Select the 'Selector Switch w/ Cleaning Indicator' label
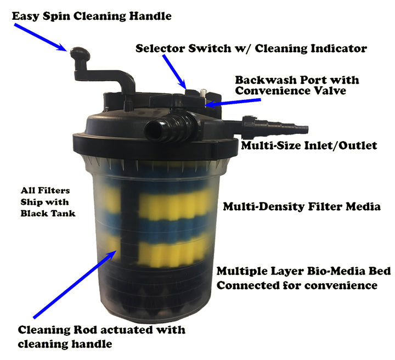[251, 48]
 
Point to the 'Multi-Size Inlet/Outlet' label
[309, 145]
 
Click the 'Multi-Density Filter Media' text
[302, 207]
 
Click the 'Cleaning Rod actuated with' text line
[101, 330]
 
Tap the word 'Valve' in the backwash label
[328, 91]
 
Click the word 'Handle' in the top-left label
[149, 16]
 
